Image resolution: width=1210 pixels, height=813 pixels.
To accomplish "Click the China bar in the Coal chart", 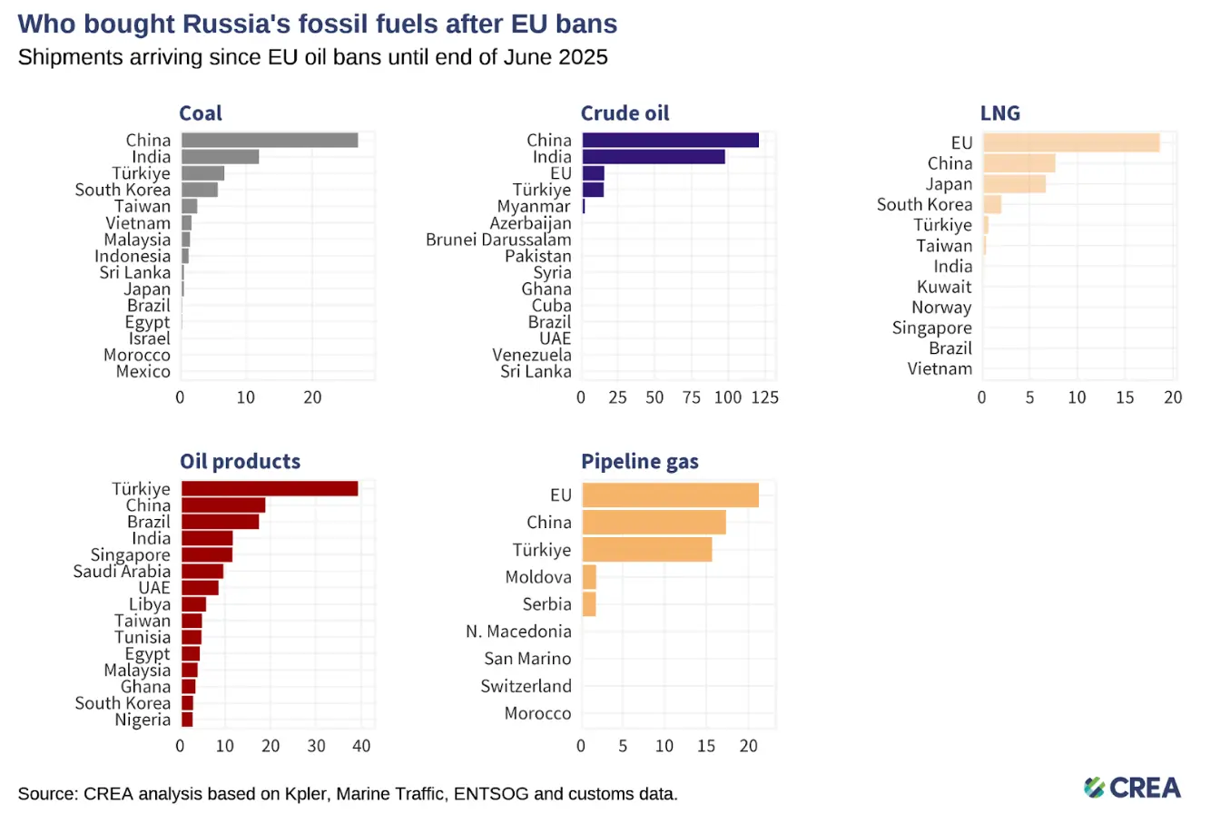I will click(269, 140).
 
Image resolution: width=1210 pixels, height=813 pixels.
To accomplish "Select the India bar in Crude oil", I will click(653, 156).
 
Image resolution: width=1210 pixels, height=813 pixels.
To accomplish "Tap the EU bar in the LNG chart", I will click(1070, 142).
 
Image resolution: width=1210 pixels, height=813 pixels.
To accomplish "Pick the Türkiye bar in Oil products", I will click(269, 488).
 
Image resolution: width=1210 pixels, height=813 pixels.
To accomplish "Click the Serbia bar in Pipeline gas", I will click(588, 603).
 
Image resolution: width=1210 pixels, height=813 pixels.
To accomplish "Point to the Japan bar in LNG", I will click(1013, 184).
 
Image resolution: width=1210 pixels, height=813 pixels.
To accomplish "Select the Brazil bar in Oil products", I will click(220, 522).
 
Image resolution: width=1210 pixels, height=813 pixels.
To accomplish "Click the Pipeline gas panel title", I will click(640, 461).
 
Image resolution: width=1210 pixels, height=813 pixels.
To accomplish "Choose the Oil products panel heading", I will click(240, 461).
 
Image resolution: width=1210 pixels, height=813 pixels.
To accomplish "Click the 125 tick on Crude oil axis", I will click(765, 397).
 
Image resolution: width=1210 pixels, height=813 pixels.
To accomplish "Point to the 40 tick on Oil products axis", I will click(360, 745).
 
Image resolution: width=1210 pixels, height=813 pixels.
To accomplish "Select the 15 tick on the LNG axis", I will click(1126, 397).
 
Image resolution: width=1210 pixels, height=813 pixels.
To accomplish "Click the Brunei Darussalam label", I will click(498, 240).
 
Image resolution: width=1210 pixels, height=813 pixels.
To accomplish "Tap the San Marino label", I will click(526, 658).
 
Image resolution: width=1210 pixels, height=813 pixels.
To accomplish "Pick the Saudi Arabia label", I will click(122, 571).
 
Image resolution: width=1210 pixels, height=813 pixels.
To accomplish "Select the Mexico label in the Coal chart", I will click(143, 371).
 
